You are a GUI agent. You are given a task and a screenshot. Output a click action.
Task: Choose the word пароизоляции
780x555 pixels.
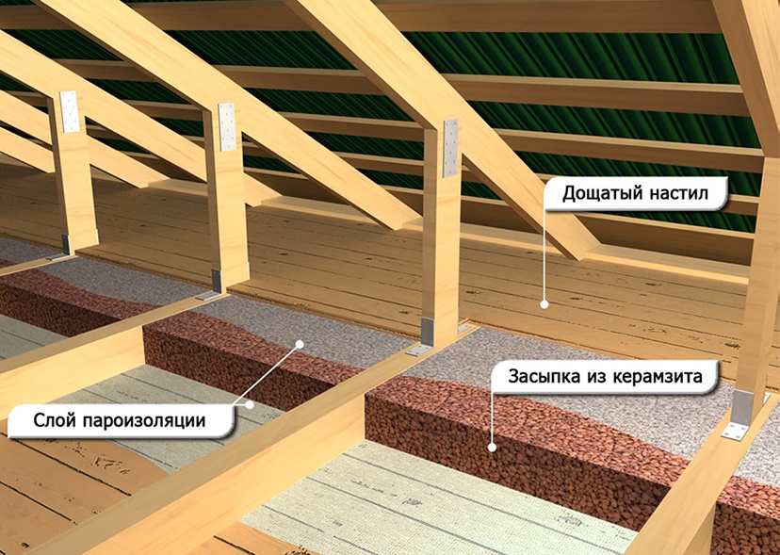point(144,421)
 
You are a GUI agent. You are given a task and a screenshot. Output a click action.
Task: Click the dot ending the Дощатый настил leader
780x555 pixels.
point(544,304)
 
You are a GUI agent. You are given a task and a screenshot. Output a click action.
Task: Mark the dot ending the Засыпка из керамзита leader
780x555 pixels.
point(492,448)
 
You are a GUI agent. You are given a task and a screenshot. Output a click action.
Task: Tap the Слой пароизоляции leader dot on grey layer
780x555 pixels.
point(300,343)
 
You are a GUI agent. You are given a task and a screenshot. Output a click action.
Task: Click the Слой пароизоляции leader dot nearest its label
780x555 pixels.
point(250,404)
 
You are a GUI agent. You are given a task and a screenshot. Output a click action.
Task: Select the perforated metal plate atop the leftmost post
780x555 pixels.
point(70,111)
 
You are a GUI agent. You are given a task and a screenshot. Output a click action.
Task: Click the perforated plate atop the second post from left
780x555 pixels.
point(227,127)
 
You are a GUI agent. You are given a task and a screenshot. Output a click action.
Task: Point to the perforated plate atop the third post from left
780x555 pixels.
point(450,148)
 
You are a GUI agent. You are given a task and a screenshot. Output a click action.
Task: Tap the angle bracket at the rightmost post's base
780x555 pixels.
point(739,415)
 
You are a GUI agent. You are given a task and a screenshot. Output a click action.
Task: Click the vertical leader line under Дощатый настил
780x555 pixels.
point(544,255)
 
